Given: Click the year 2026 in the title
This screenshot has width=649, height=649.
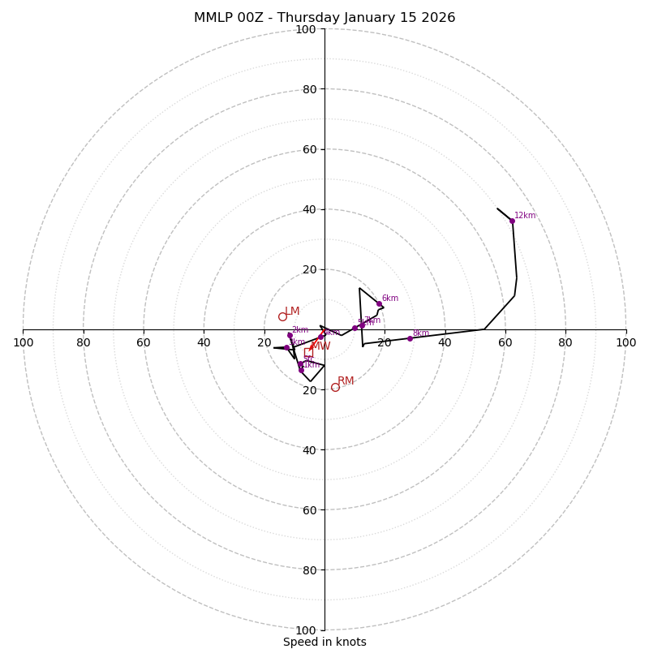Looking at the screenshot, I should pos(439,18).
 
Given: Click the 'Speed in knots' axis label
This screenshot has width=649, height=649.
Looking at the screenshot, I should pos(324,642).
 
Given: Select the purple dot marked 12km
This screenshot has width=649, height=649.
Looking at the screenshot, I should pos(512,221).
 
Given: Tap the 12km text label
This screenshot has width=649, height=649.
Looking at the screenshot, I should pos(525,216).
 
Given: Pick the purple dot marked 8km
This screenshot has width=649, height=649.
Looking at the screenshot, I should pos(410,338).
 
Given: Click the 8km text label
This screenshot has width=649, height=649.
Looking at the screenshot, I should pos(420,333).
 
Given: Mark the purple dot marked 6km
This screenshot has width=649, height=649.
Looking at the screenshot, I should pos(379,303).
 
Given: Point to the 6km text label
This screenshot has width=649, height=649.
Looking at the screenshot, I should pos(389,299).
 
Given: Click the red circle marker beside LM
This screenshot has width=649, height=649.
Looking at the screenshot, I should pos(282,316).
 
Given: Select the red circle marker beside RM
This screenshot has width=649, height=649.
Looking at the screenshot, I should pos(335,387).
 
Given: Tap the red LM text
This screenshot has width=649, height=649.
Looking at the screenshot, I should pos(292,312).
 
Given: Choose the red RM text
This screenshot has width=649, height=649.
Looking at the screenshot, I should pos(346,381).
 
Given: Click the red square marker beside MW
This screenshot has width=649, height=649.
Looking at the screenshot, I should pos(308,352).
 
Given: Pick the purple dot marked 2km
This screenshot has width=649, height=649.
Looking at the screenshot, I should pos(290,335).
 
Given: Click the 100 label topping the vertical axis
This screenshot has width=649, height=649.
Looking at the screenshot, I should pos(306,29).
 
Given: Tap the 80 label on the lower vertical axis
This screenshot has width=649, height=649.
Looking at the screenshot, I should pos(308,569).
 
